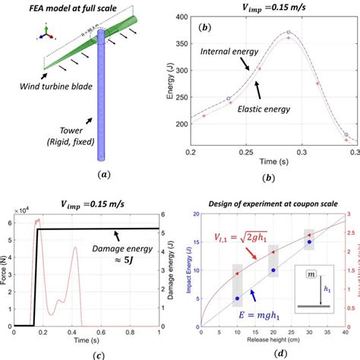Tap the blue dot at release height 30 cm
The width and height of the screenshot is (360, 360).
coord(309,242)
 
